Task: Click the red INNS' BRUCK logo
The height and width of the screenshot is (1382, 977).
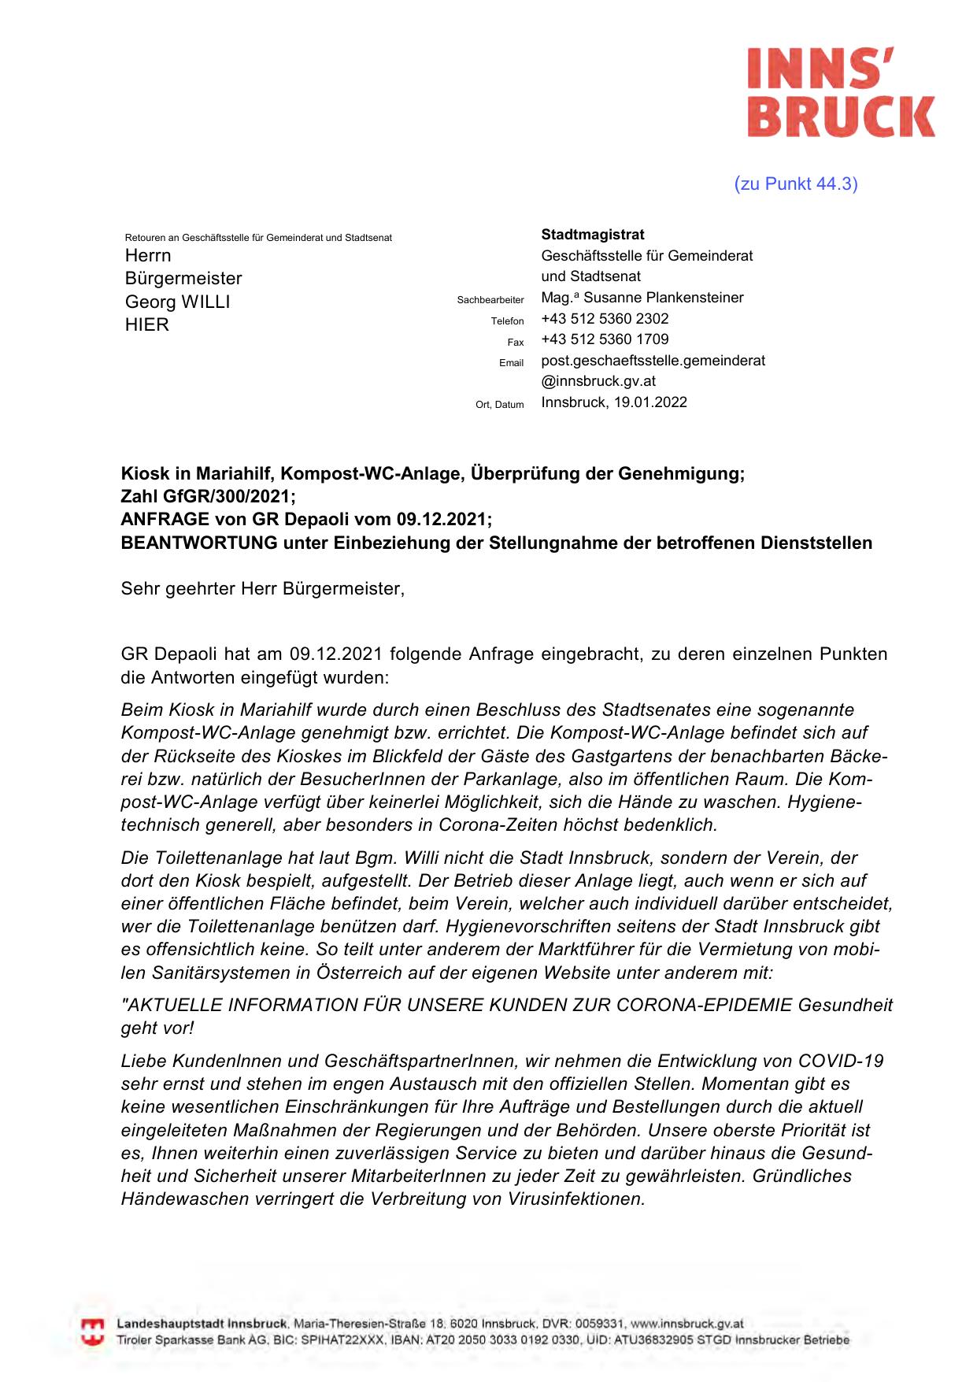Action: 840,92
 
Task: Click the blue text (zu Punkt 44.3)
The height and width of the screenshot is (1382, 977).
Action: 795,184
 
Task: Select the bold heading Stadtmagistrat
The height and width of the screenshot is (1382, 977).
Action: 592,235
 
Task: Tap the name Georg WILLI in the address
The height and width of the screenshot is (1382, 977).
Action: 177,302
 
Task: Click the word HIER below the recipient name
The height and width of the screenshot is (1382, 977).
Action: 147,324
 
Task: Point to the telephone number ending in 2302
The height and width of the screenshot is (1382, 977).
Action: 605,319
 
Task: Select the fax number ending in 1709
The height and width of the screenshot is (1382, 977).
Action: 605,339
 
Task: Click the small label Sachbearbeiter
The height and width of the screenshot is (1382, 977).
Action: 490,300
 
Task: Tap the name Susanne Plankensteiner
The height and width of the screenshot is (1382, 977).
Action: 663,298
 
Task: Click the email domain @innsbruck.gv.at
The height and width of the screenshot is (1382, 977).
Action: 598,381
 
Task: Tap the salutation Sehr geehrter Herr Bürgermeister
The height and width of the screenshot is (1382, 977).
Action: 262,589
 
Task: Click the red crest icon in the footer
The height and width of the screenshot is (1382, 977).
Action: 93,1332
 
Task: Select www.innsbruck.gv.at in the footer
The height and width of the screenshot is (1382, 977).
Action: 686,1324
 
